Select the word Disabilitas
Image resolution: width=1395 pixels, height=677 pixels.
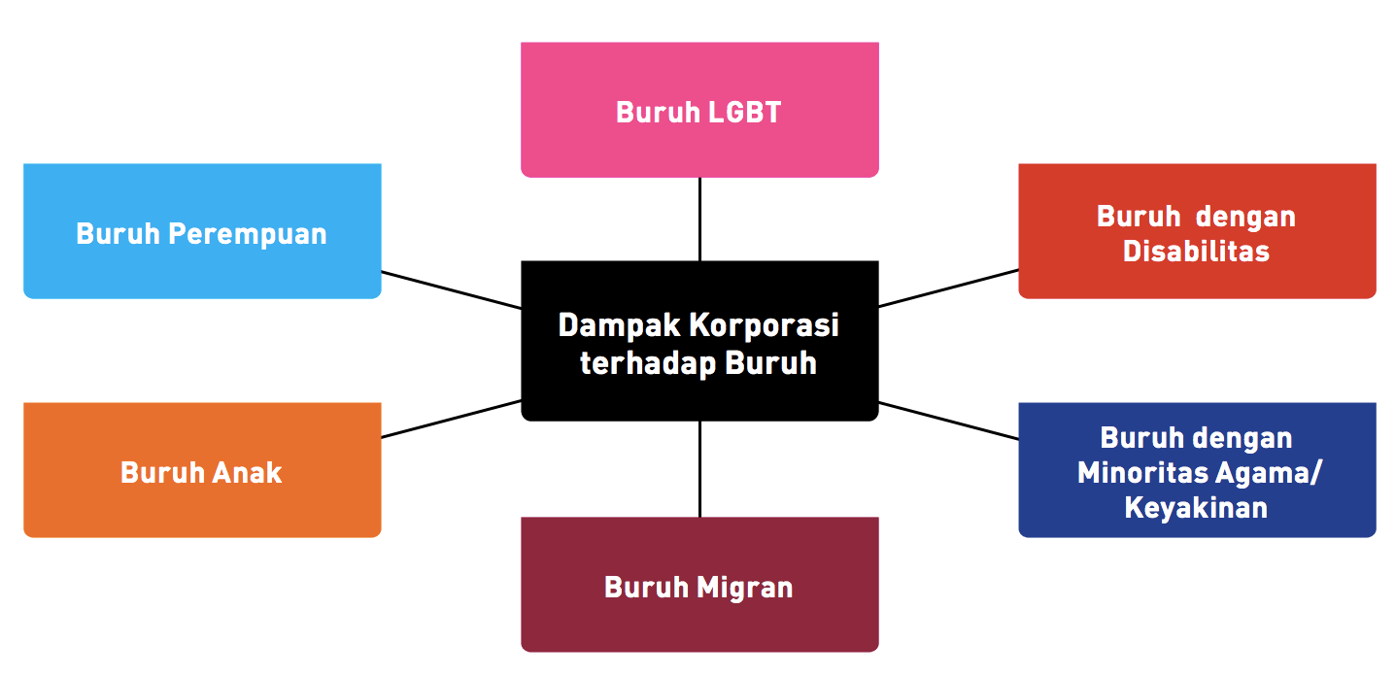[x=1196, y=251]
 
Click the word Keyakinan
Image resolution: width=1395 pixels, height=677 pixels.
[x=1196, y=507]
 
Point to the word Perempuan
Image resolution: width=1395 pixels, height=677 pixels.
[x=247, y=234]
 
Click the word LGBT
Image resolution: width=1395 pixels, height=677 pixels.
[x=744, y=112]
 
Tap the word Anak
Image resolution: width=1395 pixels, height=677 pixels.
[x=248, y=472]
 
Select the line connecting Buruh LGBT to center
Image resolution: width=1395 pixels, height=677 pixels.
[x=699, y=219]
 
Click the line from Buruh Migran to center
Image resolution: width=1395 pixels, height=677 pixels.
[x=699, y=468]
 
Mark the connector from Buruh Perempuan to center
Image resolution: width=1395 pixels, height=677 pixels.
[x=451, y=289]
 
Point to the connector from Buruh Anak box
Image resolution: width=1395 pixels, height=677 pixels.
[x=451, y=419]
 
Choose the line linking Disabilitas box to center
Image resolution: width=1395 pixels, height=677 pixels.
[x=948, y=288]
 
